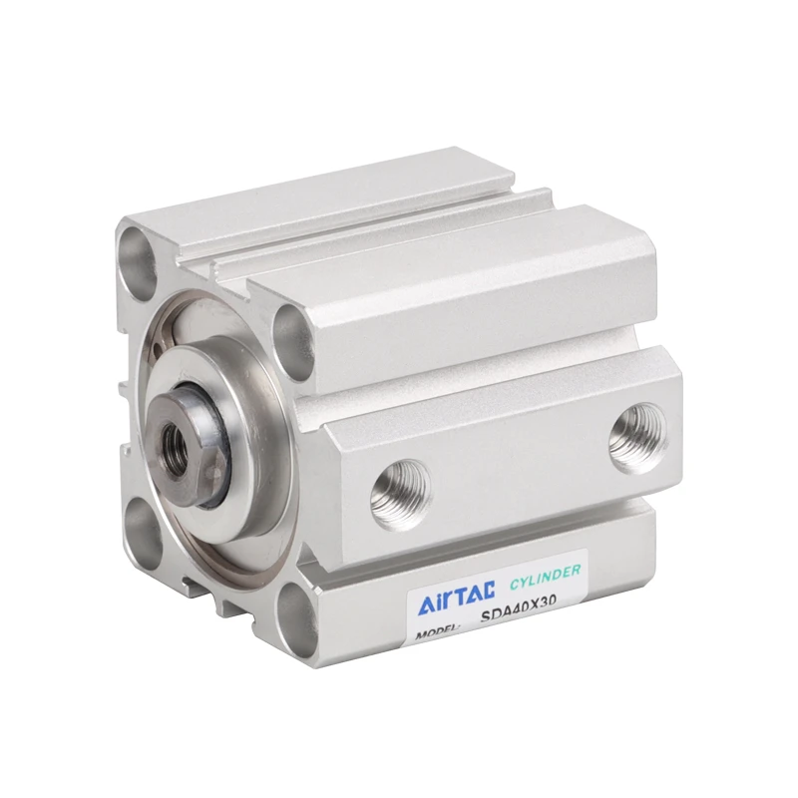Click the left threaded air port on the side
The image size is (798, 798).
coord(401,494)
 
